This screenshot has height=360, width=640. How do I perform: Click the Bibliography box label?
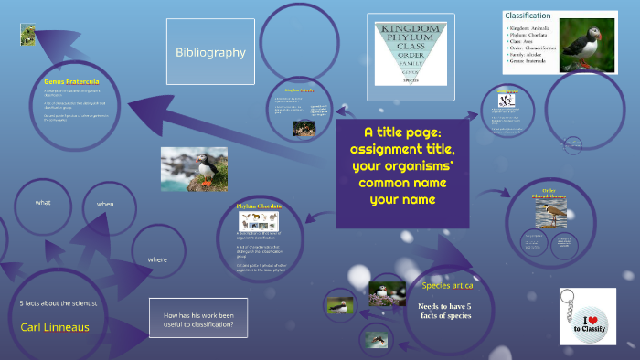coord(210,52)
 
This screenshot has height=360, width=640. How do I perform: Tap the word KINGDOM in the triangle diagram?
coord(411,30)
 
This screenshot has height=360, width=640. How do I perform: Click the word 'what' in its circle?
coord(44,201)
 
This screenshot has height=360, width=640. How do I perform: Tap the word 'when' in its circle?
coord(105,204)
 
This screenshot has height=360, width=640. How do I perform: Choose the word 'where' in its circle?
coord(157,259)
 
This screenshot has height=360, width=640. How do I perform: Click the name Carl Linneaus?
coord(55,326)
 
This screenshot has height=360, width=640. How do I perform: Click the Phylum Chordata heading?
coord(257,206)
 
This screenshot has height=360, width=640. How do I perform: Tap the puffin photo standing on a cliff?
coord(194,169)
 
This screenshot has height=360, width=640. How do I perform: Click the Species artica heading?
coord(447,286)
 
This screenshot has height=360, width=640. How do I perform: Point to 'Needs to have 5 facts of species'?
coord(444,312)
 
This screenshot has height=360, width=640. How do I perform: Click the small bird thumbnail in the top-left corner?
coord(28,34)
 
